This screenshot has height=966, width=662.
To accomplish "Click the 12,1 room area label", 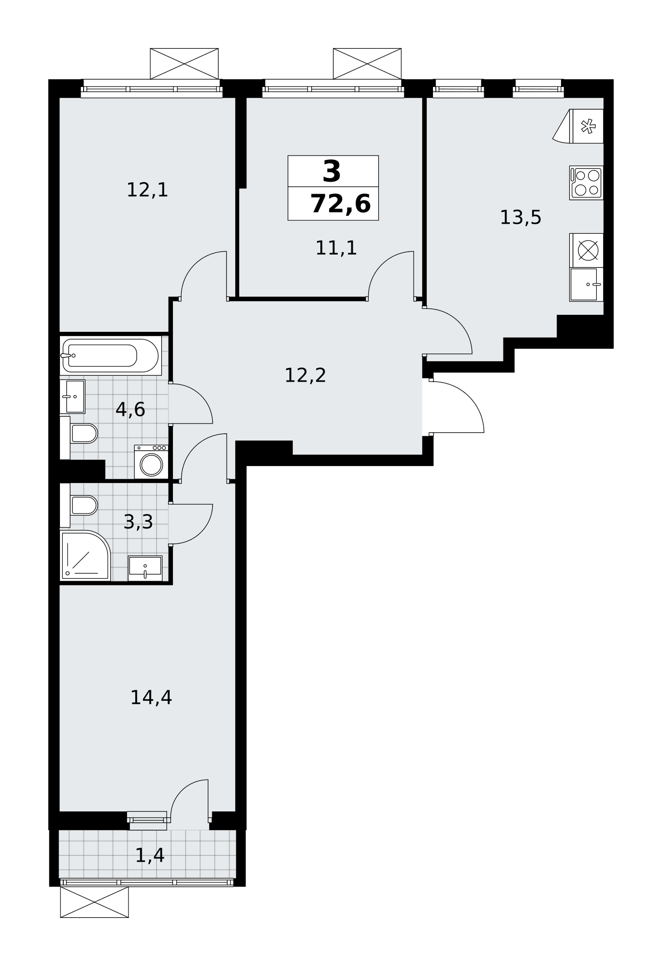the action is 147,190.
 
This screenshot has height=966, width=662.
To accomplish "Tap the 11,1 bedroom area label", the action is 336,248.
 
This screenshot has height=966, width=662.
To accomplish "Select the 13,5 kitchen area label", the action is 520,217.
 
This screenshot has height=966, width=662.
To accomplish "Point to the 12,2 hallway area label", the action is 305,375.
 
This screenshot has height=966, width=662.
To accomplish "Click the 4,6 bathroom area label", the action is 130,410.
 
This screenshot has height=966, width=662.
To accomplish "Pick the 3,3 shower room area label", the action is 138,522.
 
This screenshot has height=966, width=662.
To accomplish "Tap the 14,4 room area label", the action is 151,697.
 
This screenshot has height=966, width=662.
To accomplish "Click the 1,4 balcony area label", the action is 150,855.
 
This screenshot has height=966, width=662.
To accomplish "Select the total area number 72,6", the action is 341,203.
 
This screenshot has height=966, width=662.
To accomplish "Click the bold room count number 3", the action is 332,171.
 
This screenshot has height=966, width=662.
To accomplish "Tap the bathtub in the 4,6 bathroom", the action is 111,356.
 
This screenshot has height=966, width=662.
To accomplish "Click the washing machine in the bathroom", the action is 151,462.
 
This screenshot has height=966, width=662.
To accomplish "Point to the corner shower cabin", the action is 85,555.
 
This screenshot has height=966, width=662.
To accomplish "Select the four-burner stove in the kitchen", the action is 586,183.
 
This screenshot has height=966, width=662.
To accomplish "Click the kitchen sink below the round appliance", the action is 586,284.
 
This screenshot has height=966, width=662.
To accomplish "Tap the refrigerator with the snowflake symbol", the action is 578,126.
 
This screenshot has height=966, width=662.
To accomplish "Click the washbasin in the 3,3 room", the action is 145,568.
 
